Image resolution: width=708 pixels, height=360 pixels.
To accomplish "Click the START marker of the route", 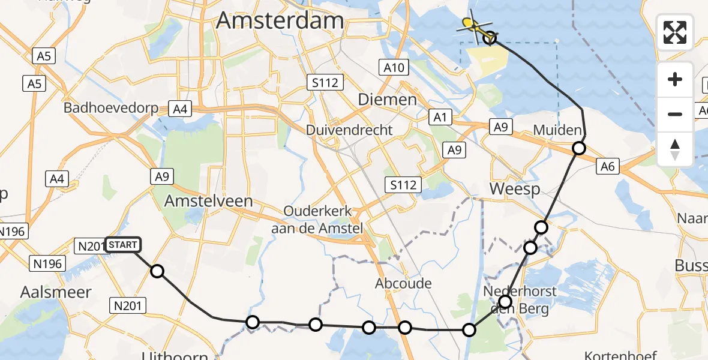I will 123,245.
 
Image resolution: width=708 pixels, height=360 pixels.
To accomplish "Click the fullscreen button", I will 675,32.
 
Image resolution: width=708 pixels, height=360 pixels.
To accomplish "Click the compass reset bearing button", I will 675,149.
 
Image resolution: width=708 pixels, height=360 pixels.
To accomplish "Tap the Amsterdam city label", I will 280,20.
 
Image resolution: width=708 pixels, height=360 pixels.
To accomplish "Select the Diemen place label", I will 387,99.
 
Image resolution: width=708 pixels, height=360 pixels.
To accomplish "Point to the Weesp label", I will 515,189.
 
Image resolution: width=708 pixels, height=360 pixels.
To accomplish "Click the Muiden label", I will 557,130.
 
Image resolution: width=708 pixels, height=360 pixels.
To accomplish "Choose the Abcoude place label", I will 403,283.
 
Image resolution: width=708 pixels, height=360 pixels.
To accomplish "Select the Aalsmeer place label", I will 56,292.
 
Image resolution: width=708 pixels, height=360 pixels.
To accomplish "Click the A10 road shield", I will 394,67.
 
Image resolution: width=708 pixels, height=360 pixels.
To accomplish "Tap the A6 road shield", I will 608,166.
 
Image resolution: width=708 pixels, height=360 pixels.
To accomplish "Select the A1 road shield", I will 441,117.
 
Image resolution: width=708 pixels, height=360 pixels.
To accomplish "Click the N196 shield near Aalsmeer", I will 45,263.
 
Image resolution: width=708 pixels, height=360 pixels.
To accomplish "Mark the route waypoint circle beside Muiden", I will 578,148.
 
